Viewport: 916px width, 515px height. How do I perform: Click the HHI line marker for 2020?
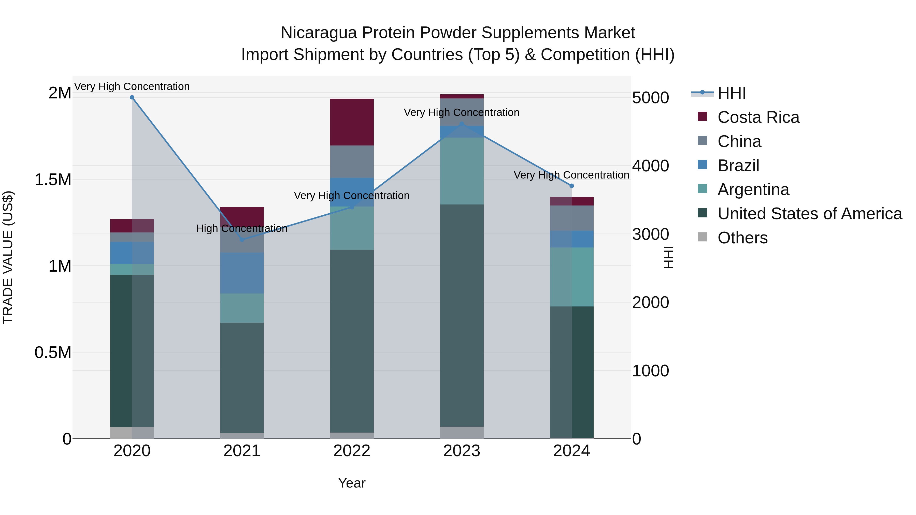click(x=132, y=97)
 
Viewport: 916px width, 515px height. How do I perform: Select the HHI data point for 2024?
click(x=571, y=186)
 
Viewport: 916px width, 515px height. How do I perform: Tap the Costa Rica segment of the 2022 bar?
click(x=352, y=122)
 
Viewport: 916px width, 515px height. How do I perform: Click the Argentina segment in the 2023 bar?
click(x=462, y=171)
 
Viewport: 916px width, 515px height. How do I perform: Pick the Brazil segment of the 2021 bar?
click(x=242, y=273)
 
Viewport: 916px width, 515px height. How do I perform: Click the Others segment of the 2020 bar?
click(x=132, y=433)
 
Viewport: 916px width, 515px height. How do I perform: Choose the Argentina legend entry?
click(x=753, y=189)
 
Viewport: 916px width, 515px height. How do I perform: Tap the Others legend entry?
click(x=742, y=238)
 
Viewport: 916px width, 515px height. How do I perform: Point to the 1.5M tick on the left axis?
click(x=53, y=180)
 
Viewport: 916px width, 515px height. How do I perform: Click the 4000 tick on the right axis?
click(x=650, y=166)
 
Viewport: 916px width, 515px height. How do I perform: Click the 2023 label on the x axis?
click(x=462, y=451)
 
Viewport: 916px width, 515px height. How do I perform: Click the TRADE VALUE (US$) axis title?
click(x=8, y=257)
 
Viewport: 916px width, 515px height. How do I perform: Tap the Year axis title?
click(x=352, y=483)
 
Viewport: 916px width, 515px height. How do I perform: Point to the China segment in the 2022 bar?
click(x=352, y=162)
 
